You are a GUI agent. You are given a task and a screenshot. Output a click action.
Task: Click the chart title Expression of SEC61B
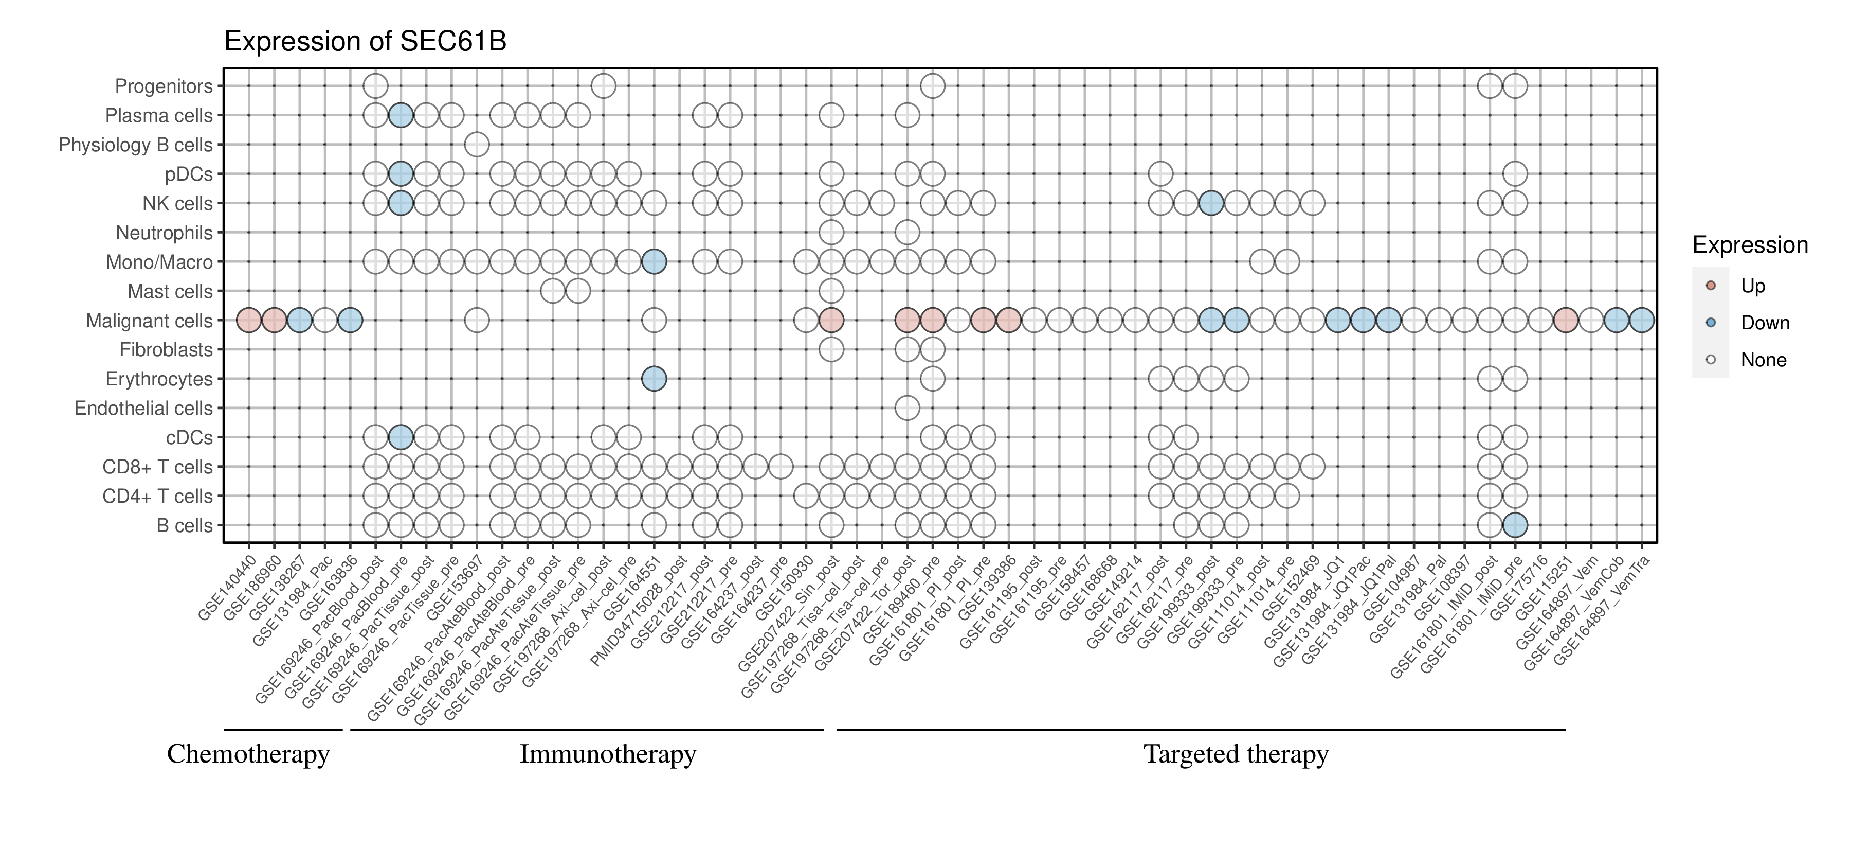(365, 42)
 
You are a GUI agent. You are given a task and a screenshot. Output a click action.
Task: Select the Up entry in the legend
(1753, 286)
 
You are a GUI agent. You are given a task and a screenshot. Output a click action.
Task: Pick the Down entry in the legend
(1765, 323)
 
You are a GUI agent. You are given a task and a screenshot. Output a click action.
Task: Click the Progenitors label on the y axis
(164, 86)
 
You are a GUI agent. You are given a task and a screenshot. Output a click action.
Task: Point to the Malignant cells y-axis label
(150, 321)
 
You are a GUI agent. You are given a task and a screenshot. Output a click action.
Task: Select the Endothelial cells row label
(144, 409)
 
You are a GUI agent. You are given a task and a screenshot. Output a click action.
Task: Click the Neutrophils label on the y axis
(164, 233)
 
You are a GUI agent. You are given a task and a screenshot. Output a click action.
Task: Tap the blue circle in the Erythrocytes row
(654, 379)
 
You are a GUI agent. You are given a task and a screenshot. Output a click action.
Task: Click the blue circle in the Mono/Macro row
(654, 262)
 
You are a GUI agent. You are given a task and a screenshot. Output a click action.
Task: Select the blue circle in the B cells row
(1515, 525)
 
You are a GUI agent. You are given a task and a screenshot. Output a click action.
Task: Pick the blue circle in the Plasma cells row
(400, 115)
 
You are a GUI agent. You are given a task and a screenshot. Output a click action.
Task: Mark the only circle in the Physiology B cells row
(477, 145)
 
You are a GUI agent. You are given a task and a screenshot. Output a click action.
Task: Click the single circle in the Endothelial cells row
(907, 409)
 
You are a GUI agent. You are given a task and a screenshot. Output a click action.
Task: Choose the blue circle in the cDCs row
(400, 437)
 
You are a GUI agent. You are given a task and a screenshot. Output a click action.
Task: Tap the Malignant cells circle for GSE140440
(249, 321)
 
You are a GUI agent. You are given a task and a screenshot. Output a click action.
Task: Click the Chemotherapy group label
(248, 754)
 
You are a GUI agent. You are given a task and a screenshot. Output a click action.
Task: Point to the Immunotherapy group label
(608, 754)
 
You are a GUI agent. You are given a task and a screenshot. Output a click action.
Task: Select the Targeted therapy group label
(1236, 754)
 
